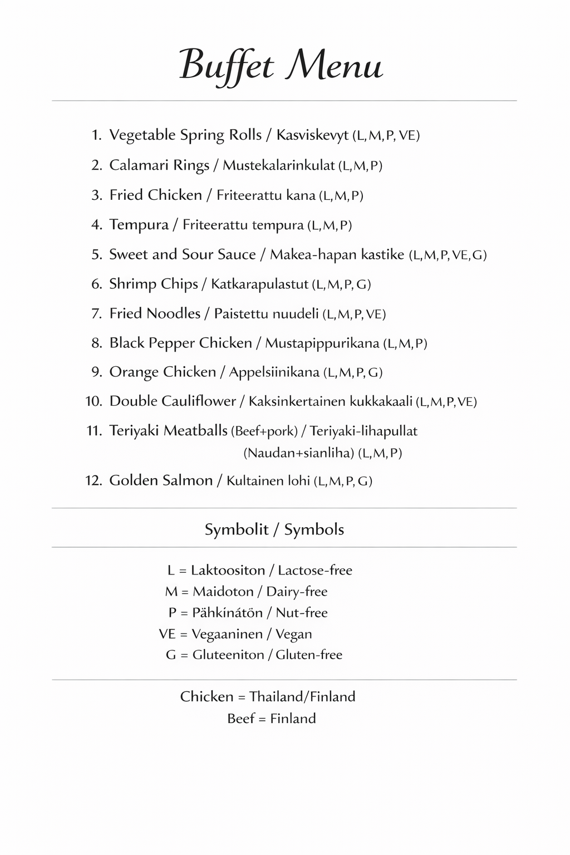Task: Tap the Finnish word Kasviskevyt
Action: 312,135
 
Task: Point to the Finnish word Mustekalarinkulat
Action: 279,165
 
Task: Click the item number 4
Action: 96,225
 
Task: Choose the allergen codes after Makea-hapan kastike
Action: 448,255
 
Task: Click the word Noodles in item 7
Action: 173,313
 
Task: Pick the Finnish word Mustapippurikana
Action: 322,343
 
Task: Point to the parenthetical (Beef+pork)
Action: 264,431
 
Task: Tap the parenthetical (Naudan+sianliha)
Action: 298,453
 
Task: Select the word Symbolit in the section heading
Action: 237,529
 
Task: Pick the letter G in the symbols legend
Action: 171,655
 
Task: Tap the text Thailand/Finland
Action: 302,697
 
